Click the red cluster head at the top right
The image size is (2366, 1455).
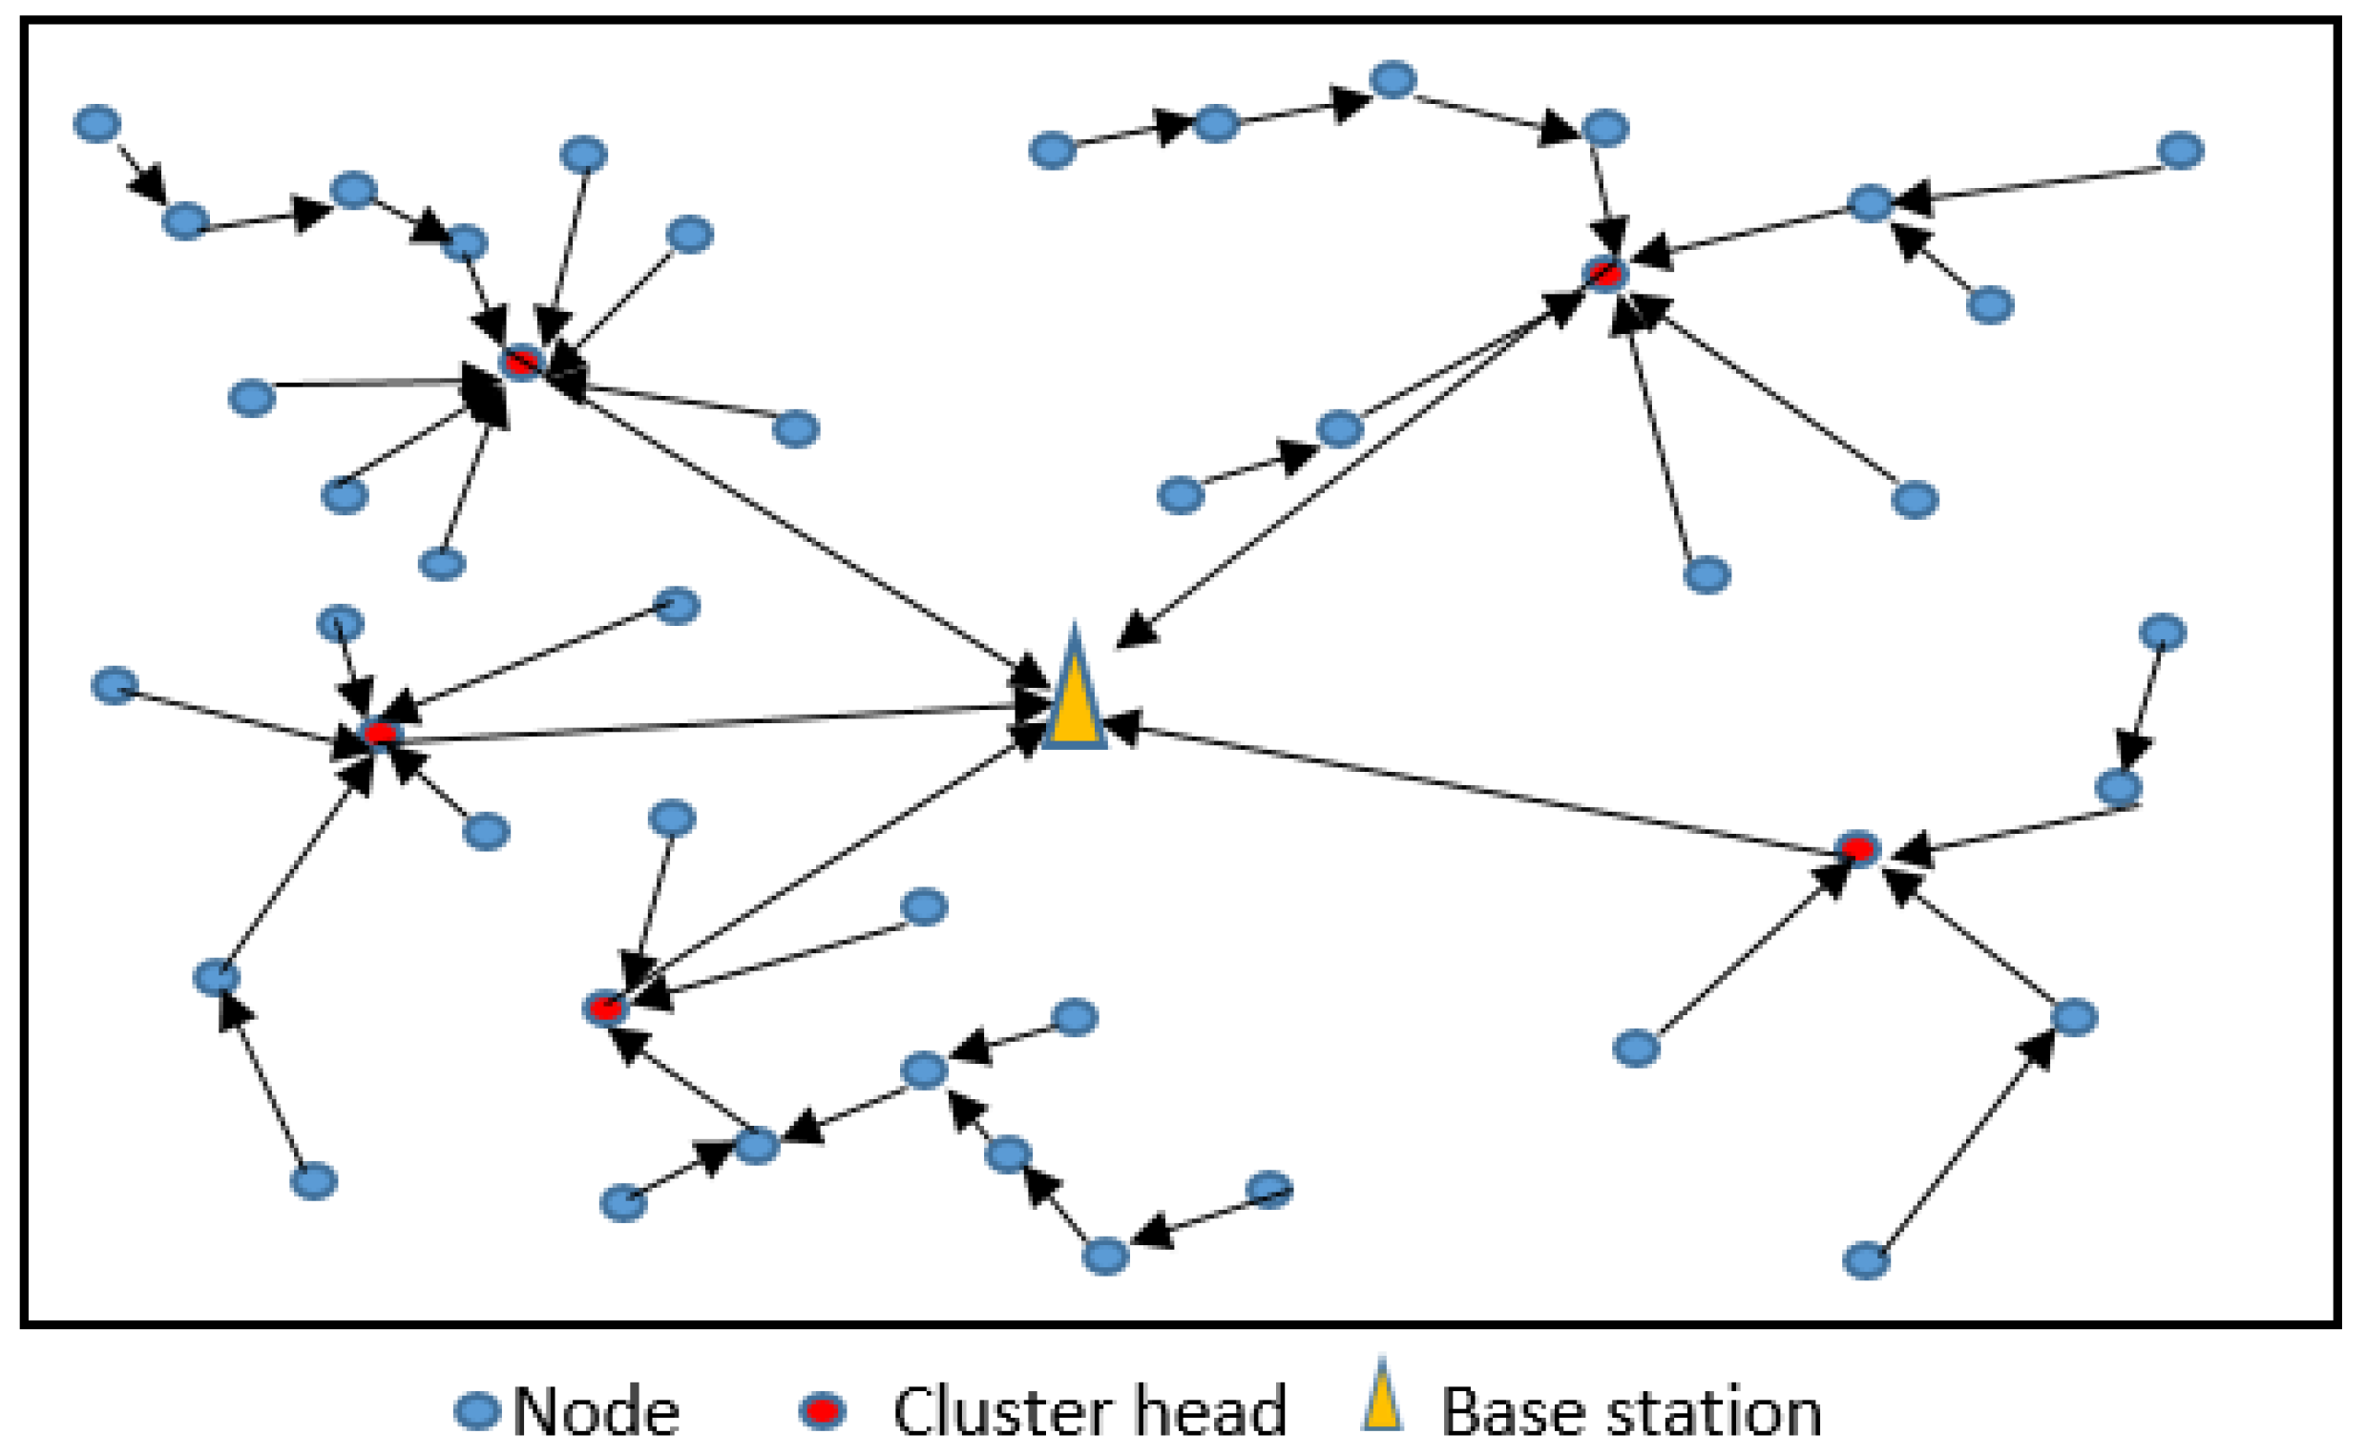1605,274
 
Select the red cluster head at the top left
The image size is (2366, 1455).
522,363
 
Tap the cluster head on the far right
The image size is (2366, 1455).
1856,850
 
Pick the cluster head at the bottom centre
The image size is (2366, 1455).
604,1008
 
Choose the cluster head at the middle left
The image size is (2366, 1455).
380,735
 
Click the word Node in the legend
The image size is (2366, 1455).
596,1413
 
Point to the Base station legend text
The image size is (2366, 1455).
1630,1413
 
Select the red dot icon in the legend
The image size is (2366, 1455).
822,1412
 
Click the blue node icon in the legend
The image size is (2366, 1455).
477,1412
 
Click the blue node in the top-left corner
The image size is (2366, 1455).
97,124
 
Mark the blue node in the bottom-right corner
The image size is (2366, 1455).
1866,1260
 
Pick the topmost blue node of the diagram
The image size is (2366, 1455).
1392,79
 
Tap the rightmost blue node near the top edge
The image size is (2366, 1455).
2181,151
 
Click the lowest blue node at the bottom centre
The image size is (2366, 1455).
1105,1256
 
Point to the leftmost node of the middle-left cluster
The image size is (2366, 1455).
115,685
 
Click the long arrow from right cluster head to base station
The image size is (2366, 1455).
1482,787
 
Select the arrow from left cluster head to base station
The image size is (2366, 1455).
712,721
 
